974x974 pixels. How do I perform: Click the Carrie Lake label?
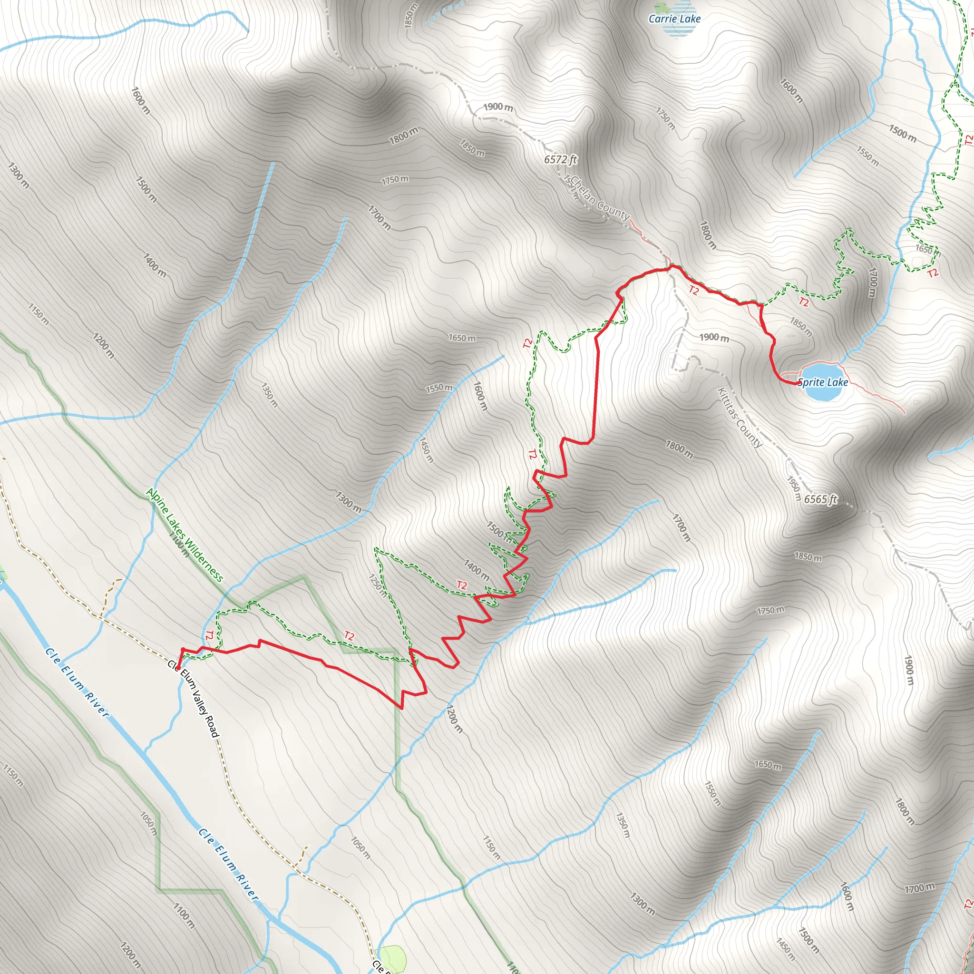[674, 19]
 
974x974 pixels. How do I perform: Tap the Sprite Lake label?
[823, 382]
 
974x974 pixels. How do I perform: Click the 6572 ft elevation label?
[560, 159]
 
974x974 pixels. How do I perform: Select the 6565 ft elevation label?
[820, 499]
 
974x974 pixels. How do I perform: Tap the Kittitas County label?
[739, 418]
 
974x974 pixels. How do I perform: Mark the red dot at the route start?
[178, 669]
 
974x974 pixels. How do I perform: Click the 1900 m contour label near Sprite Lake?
[714, 337]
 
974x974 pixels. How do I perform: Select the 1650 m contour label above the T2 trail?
[462, 338]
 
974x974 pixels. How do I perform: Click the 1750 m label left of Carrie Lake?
[665, 118]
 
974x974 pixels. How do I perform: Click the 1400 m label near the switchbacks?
[477, 570]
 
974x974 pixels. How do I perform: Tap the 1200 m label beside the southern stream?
[454, 719]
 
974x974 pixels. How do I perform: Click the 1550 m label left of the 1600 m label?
[439, 388]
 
